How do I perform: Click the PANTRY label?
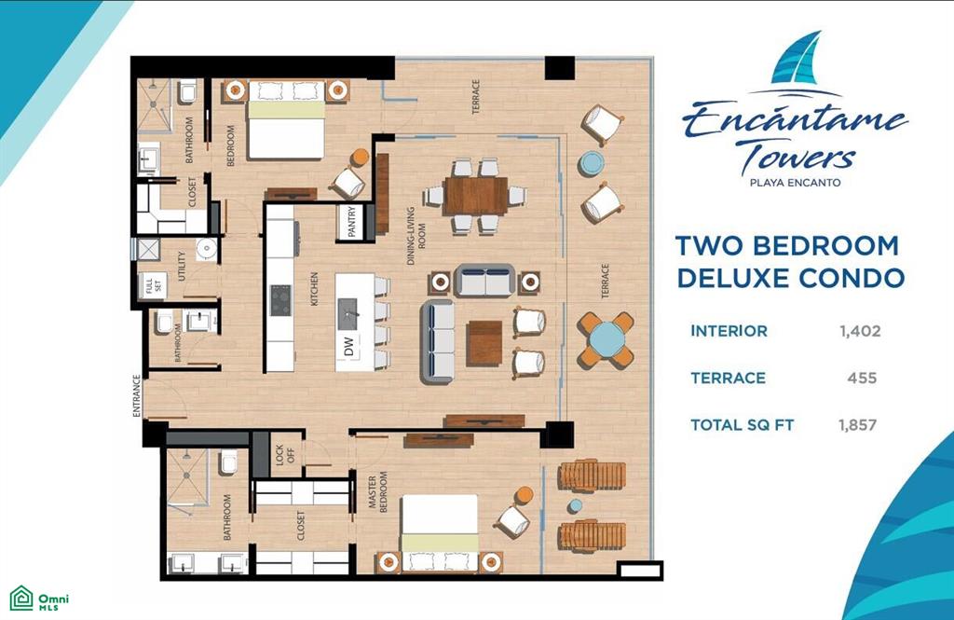tap(351, 222)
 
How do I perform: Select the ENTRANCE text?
tap(137, 396)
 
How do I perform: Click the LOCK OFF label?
tap(285, 454)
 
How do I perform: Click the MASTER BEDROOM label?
tap(377, 491)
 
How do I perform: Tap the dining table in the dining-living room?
tap(475, 196)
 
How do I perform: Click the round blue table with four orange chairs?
tap(606, 339)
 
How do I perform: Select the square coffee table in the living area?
tap(484, 343)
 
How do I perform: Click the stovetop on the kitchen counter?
tap(280, 300)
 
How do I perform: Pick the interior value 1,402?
tap(860, 331)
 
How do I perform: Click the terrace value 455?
tap(862, 379)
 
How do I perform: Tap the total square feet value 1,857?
tap(857, 425)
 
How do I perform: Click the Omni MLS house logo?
tap(21, 598)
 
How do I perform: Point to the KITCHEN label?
tap(314, 289)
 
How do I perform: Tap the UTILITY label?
tap(182, 266)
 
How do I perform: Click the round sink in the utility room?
tap(206, 248)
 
